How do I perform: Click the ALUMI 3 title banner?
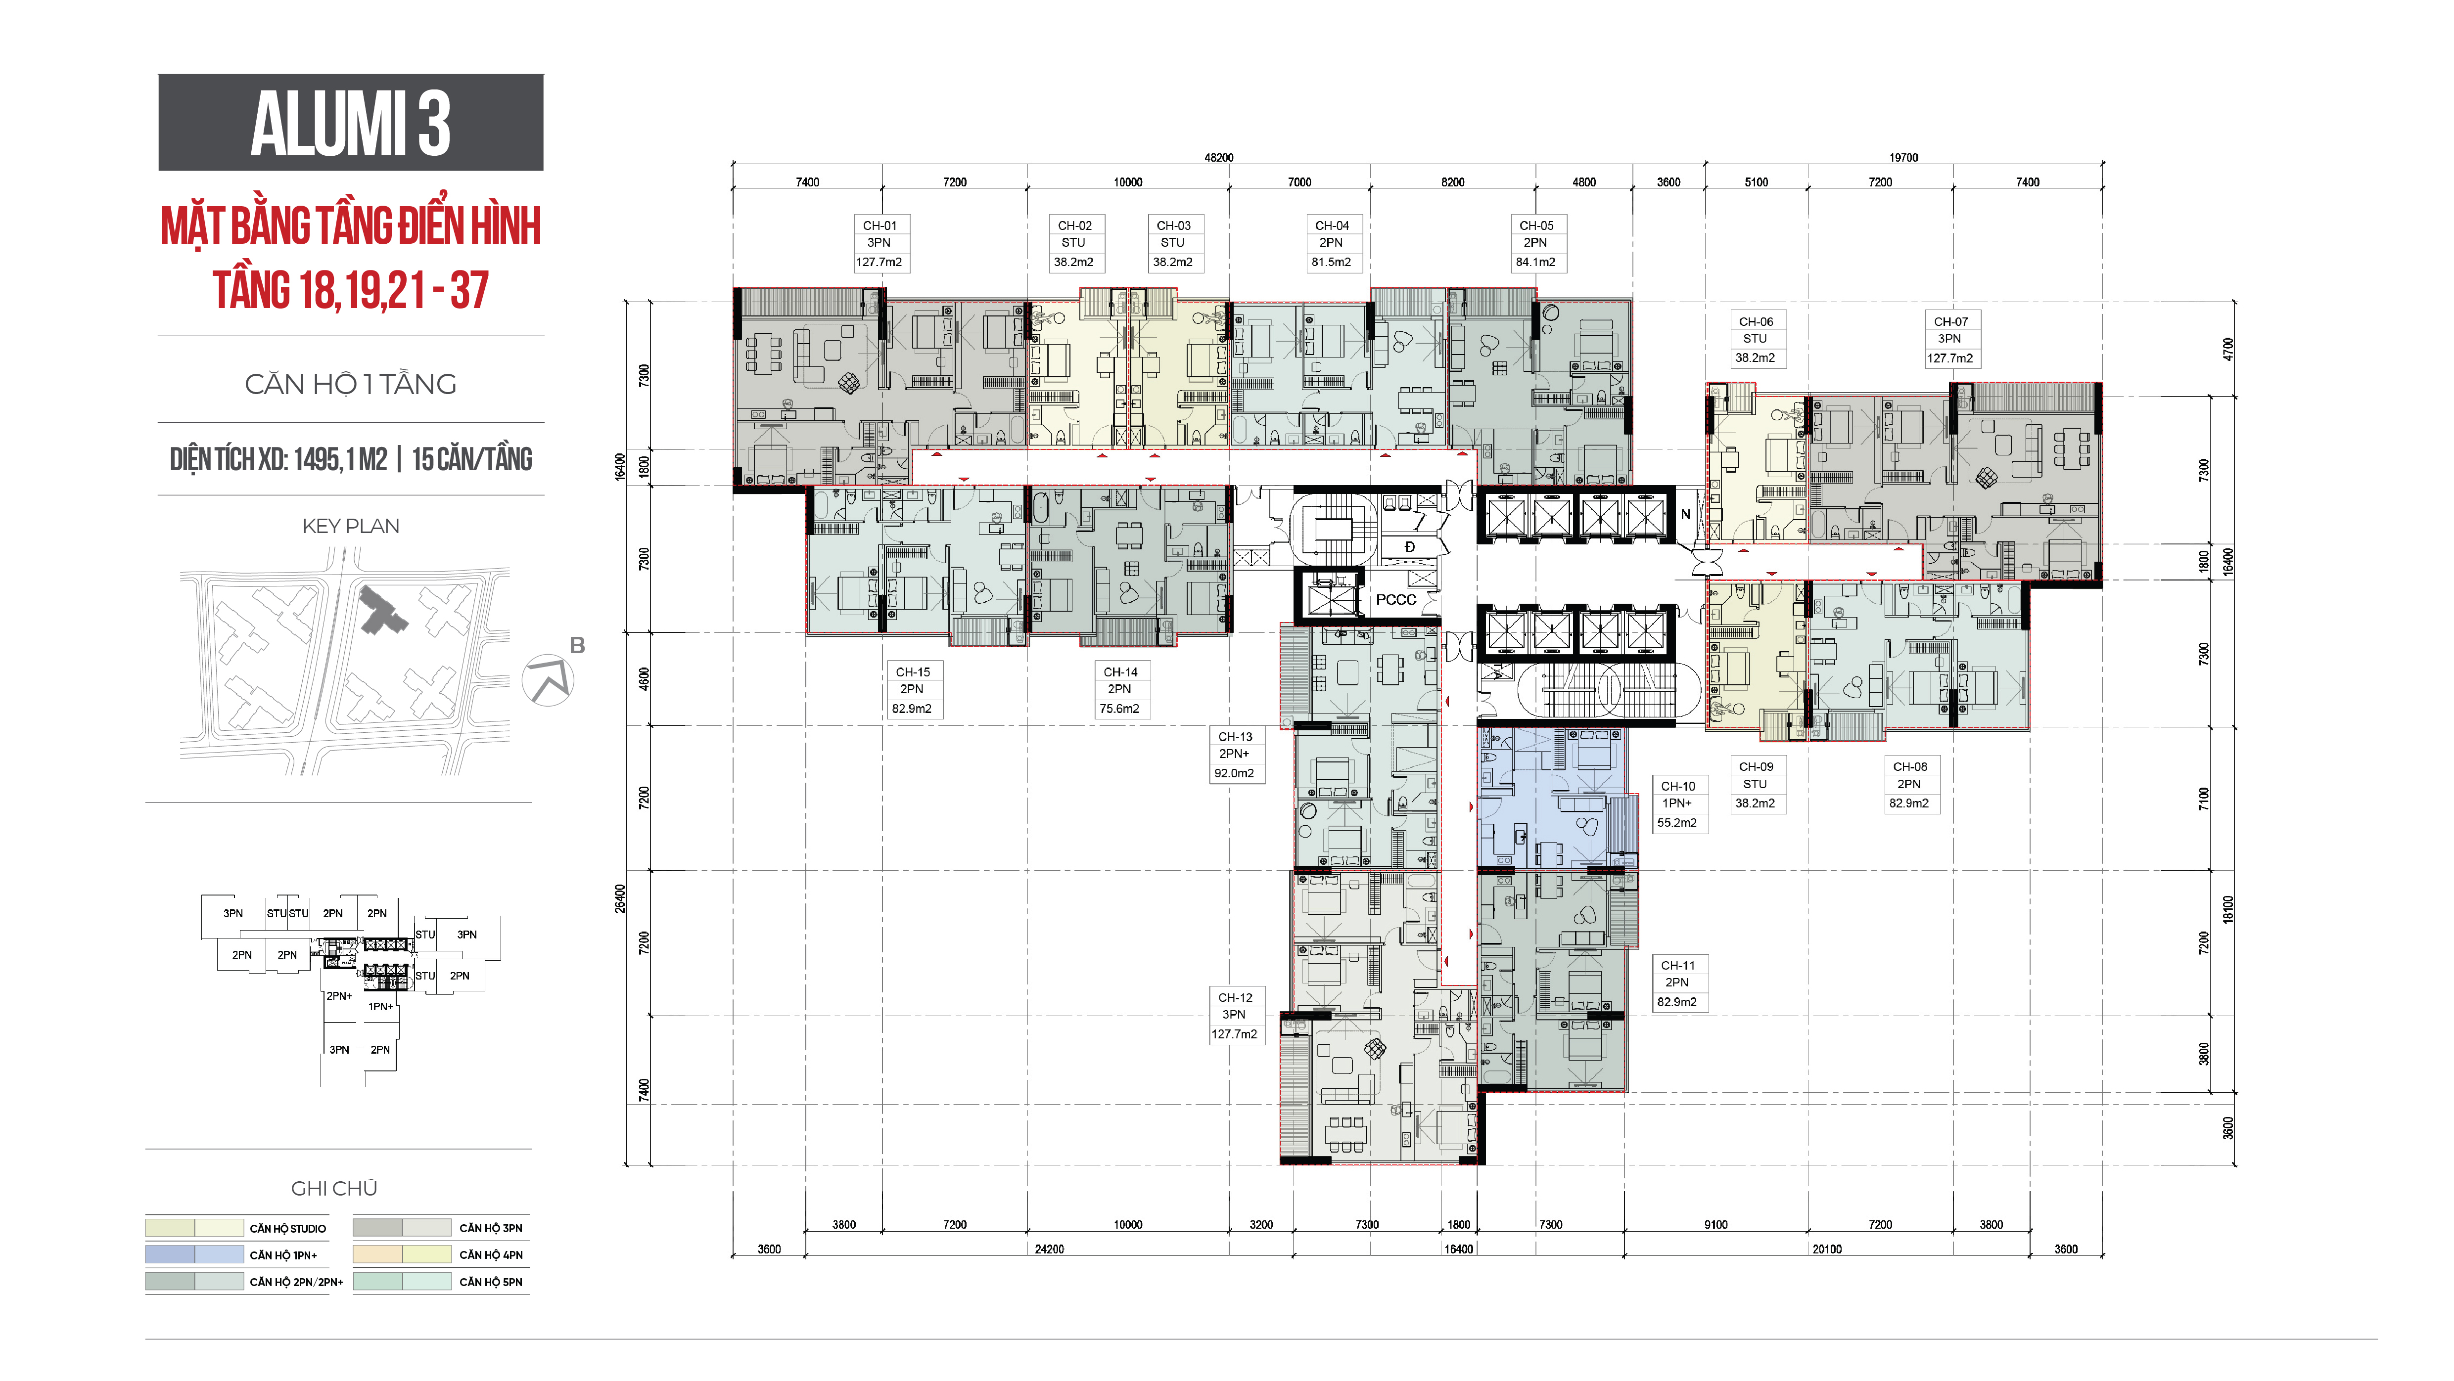pos(351,122)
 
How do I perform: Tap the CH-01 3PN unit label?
pos(880,243)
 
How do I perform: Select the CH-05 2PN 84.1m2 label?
pos(1535,243)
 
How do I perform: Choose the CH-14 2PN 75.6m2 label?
pos(1120,690)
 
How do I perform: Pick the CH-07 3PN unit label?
pos(1950,339)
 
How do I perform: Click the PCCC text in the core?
pos(1395,599)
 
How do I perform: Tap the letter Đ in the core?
pos(1410,547)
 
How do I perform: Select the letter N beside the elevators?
pos(1685,514)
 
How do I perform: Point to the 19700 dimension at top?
pos(1903,157)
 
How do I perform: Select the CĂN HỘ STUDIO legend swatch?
pos(194,1228)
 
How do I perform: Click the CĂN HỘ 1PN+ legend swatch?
pos(194,1254)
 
